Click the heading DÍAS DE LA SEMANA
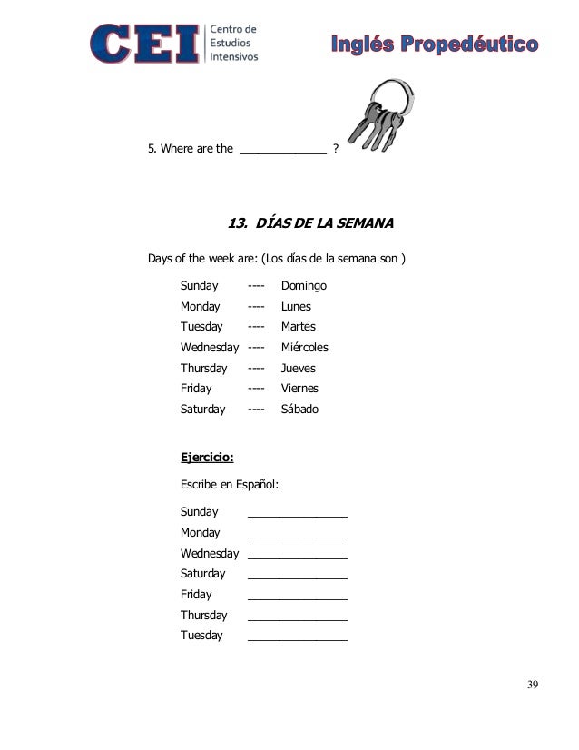[309, 222]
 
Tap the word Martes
[299, 327]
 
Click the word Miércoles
[305, 348]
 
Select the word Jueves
[299, 369]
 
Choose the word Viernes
[300, 389]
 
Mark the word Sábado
[300, 410]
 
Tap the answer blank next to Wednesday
[297, 555]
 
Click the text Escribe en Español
[230, 485]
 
